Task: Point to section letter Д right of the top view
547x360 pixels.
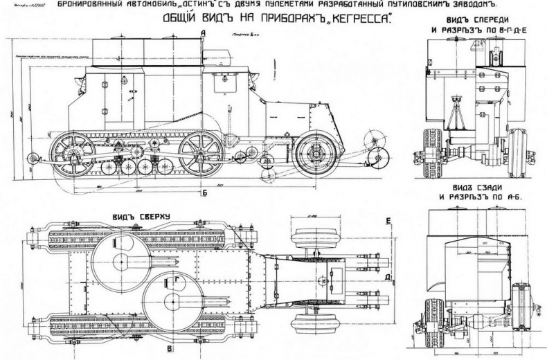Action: tap(388, 278)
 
